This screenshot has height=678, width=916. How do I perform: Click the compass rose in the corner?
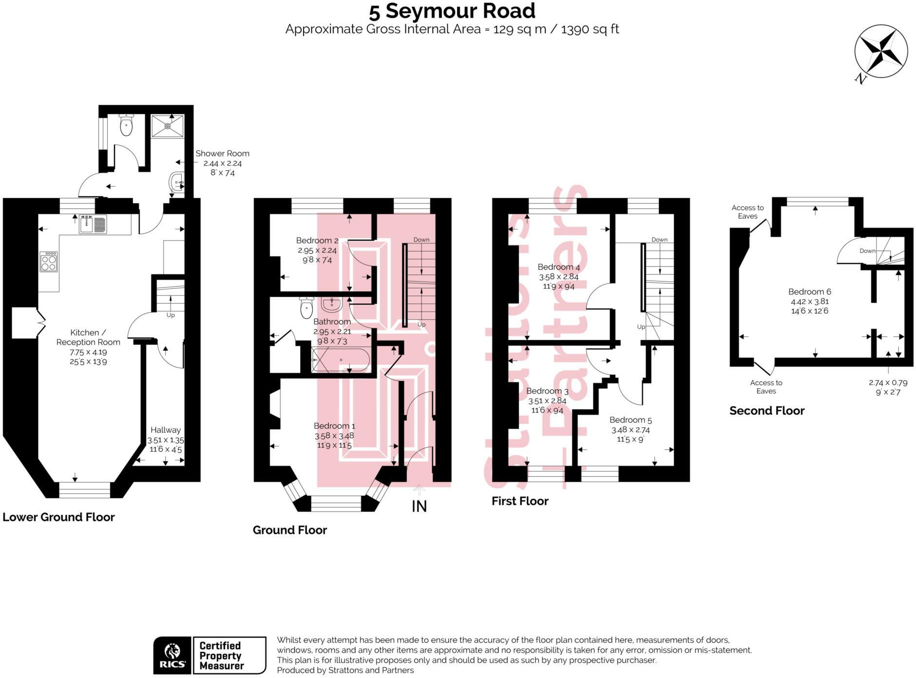tap(881, 51)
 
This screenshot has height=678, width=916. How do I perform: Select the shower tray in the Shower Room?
tap(168, 126)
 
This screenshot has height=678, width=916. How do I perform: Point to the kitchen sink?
tap(93, 224)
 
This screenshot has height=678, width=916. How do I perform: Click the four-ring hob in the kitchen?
tap(49, 262)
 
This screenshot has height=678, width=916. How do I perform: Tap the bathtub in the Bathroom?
tap(340, 360)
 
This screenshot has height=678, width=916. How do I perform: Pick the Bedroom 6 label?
tap(809, 292)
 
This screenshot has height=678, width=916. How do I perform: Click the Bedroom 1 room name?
tap(334, 426)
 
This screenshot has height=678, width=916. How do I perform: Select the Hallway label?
tap(165, 430)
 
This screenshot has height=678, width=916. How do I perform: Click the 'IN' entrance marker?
tap(419, 507)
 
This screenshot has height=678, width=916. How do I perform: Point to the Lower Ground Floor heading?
tap(58, 517)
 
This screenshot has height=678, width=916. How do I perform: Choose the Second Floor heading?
tap(766, 411)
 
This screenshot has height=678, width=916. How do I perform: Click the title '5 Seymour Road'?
tap(452, 11)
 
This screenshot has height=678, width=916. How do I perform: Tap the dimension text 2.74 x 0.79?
tap(888, 383)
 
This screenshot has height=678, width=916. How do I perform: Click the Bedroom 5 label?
tap(630, 420)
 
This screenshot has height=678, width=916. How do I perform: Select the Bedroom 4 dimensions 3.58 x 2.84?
tap(558, 277)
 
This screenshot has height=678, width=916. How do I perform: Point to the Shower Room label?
tap(222, 153)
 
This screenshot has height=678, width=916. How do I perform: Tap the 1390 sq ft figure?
tap(590, 29)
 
